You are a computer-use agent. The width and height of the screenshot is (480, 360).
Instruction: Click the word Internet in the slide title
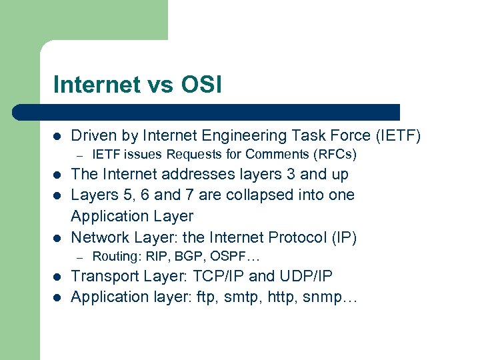97,85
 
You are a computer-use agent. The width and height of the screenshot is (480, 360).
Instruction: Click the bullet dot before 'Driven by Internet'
57,136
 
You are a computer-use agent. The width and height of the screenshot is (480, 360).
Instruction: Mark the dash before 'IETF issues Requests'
79,155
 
